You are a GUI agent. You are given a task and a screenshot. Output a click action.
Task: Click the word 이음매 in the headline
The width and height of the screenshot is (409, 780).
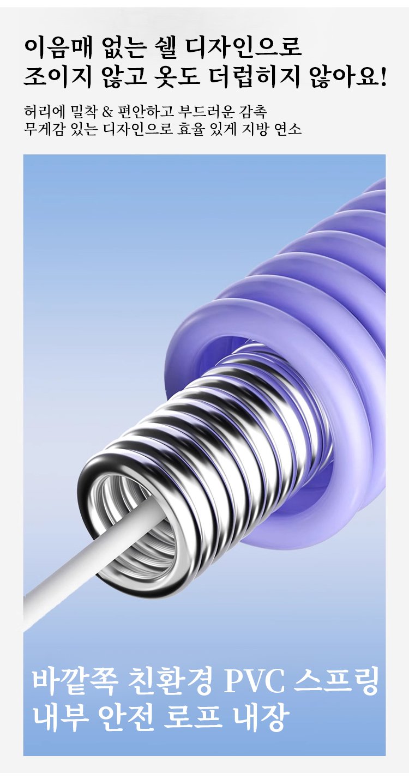tap(58, 47)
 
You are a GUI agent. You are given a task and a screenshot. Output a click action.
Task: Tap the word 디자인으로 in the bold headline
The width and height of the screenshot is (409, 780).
tap(243, 47)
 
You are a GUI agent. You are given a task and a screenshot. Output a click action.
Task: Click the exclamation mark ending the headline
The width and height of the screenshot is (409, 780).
tap(383, 77)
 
